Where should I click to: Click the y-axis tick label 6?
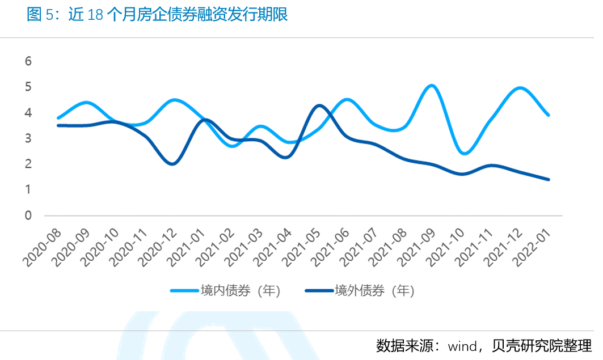[x=28, y=61]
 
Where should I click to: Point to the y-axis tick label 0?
[x=28, y=215]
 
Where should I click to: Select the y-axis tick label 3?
[x=28, y=138]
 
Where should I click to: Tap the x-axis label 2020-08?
[x=43, y=248]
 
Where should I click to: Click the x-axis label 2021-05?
[x=302, y=248]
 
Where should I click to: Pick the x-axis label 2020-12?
[x=158, y=248]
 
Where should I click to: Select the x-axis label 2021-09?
[x=418, y=248]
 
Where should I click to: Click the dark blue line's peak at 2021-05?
[x=319, y=105]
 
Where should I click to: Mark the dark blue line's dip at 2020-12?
[x=172, y=164]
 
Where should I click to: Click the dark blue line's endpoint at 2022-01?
[x=548, y=179]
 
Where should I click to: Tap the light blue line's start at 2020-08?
[x=58, y=118]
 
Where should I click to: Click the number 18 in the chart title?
[x=96, y=15]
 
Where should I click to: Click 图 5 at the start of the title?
[x=42, y=15]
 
